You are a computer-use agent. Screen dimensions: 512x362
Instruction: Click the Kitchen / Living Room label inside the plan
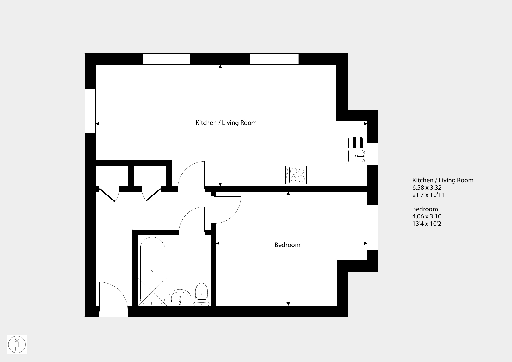click(x=226, y=123)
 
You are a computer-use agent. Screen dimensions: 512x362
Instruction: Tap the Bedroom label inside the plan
click(x=287, y=245)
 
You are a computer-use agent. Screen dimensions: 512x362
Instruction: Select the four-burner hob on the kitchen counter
click(x=296, y=175)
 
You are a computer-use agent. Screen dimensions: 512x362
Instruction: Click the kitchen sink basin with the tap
click(x=356, y=156)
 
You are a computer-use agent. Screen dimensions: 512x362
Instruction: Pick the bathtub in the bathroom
click(x=152, y=271)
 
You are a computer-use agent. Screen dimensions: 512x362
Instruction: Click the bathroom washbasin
click(x=180, y=298)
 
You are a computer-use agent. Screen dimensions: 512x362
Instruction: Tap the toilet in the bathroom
click(x=202, y=294)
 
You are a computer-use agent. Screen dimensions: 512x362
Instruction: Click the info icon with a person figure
click(x=17, y=344)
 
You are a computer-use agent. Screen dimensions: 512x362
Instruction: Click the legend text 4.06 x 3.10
click(x=427, y=216)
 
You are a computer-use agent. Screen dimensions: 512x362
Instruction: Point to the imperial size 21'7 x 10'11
click(x=428, y=195)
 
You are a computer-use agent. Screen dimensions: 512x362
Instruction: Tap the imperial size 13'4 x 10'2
click(x=427, y=224)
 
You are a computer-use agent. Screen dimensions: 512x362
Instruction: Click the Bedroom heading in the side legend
click(x=425, y=209)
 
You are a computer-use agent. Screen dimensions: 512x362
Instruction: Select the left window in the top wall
click(x=166, y=59)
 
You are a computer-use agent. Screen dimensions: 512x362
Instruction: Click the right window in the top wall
click(x=275, y=59)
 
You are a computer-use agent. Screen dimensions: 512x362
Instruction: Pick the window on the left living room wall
click(x=90, y=111)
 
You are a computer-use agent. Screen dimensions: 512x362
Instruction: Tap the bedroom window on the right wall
click(x=373, y=227)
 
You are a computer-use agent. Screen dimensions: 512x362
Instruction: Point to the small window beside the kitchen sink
click(x=373, y=153)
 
